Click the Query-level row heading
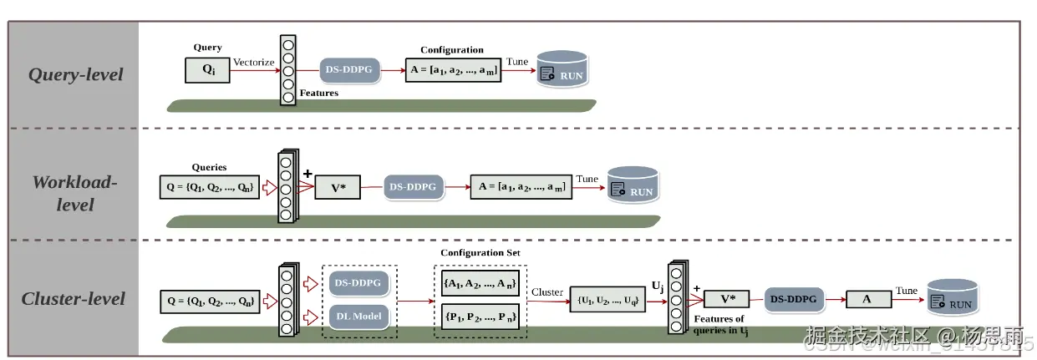[75, 74]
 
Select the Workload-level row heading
[75, 192]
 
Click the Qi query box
[207, 69]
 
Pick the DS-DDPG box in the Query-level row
[350, 71]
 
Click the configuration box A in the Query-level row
[452, 71]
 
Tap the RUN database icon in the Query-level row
[562, 70]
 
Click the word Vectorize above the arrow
[254, 62]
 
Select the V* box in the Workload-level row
[338, 187]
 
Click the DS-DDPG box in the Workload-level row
[413, 187]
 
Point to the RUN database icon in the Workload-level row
[633, 186]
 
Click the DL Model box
[360, 316]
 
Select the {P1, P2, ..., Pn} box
[480, 316]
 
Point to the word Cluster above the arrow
[547, 292]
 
